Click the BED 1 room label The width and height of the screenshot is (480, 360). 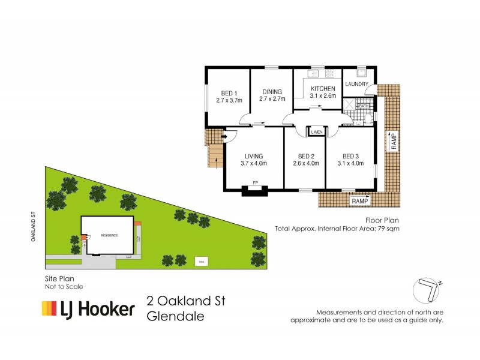(228, 93)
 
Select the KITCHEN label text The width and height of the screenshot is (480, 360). (322, 88)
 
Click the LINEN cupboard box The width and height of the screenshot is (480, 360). (316, 131)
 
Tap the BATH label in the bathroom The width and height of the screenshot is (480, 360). (363, 106)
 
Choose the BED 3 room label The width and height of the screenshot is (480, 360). (350, 156)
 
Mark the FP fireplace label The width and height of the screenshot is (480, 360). (255, 182)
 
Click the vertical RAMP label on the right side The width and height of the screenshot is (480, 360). (394, 141)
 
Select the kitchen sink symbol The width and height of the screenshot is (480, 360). (312, 74)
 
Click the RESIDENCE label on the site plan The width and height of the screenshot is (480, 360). (109, 235)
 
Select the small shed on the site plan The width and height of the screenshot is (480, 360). (200, 261)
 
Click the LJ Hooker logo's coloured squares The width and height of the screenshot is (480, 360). (49, 309)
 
